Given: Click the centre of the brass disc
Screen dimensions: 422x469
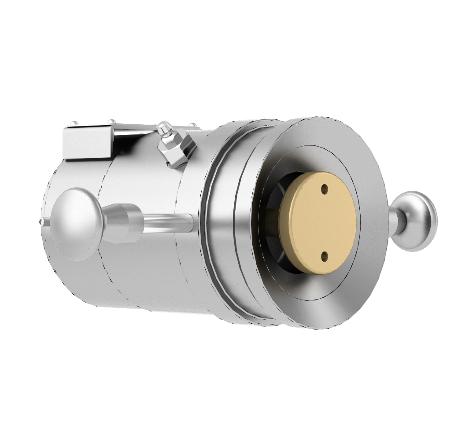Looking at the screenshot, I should tap(318, 222).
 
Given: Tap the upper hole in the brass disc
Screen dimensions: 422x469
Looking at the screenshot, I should tap(325, 189).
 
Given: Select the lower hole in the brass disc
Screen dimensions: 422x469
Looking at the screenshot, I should tap(325, 255).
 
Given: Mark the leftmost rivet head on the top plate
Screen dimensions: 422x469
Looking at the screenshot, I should tap(75, 123).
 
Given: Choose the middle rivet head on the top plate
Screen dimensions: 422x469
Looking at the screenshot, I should tap(111, 122).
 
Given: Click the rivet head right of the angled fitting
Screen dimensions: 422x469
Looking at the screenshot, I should tap(192, 126).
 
